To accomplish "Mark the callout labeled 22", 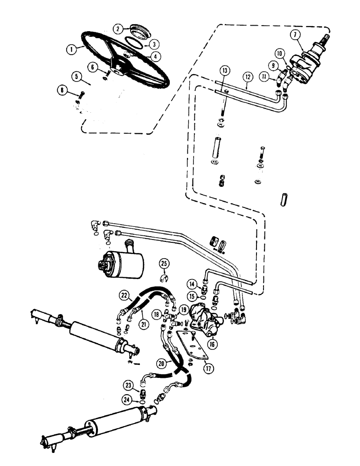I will click(x=124, y=295).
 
